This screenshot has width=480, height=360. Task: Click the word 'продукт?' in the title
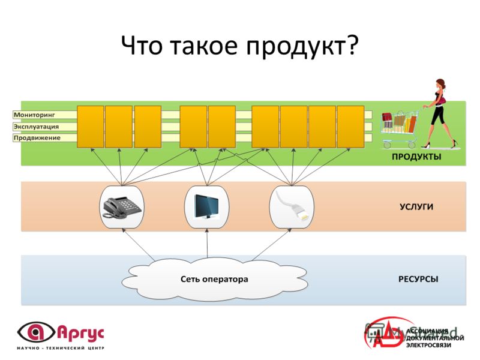(x=302, y=46)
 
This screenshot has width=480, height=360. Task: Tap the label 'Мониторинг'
(x=34, y=115)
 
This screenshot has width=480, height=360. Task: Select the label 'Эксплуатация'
(x=36, y=127)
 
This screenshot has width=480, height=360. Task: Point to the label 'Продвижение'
(x=37, y=138)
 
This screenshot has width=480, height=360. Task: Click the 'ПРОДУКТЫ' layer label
(x=416, y=157)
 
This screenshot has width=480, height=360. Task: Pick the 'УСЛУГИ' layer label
(x=416, y=207)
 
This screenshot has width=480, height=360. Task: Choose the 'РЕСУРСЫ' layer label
(x=418, y=279)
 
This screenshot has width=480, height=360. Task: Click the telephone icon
(x=122, y=207)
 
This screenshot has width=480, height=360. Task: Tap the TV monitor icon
(x=206, y=206)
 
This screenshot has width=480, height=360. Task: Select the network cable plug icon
(x=292, y=206)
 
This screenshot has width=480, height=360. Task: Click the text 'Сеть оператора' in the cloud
(x=214, y=279)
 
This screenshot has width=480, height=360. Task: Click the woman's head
(x=441, y=84)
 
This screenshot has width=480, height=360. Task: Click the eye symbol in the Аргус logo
(x=36, y=332)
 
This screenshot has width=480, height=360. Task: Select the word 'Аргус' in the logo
(x=81, y=333)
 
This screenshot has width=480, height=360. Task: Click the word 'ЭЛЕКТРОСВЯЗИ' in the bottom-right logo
(x=428, y=346)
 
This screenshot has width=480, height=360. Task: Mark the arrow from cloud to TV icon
(x=207, y=244)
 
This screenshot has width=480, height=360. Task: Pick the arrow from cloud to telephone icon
(x=138, y=244)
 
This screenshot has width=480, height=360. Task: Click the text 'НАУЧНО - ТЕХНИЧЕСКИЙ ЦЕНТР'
(x=61, y=348)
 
